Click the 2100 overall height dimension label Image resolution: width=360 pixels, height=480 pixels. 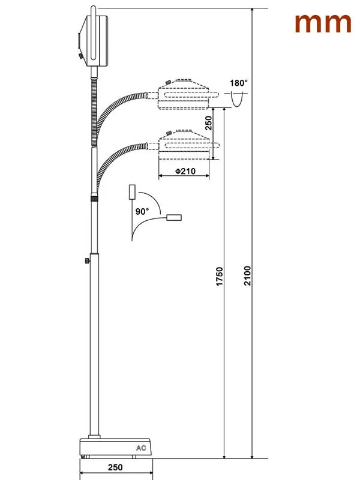point(247,276)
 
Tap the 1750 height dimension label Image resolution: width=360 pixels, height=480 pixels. point(220,277)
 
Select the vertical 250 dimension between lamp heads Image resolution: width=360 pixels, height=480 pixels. point(208,123)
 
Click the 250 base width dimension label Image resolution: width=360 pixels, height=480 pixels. point(115,467)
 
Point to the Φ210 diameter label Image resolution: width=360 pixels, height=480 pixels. point(185,171)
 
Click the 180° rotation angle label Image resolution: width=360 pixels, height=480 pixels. point(239,83)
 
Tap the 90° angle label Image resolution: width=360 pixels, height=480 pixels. point(142,211)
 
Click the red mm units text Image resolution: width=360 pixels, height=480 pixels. point(323,23)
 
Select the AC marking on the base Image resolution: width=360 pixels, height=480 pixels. point(141,448)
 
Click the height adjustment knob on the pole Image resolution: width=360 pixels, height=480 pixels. point(87,261)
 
